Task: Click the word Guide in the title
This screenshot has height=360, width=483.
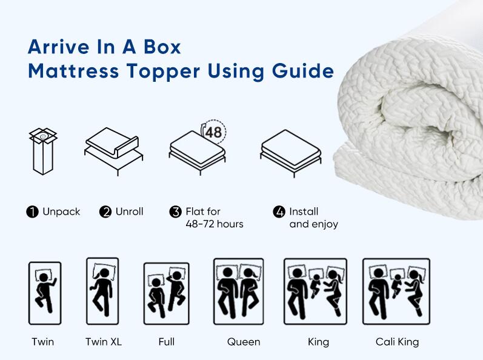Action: pos(302,72)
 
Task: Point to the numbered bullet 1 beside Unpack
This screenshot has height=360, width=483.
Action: pos(32,212)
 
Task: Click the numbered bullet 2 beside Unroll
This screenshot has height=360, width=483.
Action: pos(105,212)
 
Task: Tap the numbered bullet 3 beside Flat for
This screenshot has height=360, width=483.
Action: pos(176,212)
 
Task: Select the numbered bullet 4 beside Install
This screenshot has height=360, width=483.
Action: pos(279,212)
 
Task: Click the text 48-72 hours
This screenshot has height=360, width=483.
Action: pos(215,224)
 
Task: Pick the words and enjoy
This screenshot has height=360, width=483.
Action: pos(313,224)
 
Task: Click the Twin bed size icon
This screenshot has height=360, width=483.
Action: pos(45,293)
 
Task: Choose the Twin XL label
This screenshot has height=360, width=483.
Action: pos(104,342)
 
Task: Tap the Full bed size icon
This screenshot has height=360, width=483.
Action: pos(166,293)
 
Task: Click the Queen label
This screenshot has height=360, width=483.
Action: pos(244,342)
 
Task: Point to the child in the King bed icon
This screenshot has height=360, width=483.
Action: pos(315,285)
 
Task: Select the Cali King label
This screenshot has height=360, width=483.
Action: pos(397,342)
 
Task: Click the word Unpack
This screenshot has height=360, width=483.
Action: pos(61,212)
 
